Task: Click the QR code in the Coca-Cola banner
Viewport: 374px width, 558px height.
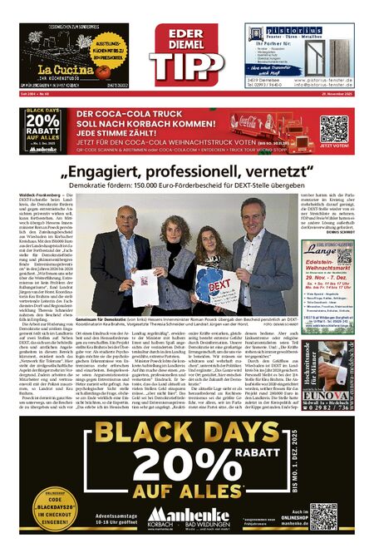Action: tap(333, 128)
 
